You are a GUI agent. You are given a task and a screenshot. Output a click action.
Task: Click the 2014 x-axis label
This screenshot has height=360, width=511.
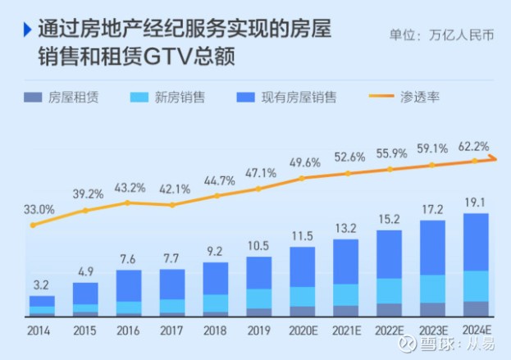tap(39, 330)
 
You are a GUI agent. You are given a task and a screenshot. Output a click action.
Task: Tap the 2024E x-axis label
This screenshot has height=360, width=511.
tap(477, 330)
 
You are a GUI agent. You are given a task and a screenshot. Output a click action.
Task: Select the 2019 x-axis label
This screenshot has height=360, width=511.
tap(258, 330)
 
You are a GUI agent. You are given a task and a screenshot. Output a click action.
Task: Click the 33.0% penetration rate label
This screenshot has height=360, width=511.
tap(39, 209)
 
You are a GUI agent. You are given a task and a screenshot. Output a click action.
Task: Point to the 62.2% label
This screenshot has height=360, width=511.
tap(473, 147)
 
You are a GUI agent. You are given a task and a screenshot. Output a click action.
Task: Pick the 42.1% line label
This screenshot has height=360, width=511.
tap(175, 189)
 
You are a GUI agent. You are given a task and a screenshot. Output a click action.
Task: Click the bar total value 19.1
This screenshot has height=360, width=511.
tap(475, 203)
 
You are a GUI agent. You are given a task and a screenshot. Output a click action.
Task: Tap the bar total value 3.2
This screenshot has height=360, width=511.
tap(41, 285)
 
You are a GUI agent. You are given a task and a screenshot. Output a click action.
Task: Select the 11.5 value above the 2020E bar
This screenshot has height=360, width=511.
tap(303, 236)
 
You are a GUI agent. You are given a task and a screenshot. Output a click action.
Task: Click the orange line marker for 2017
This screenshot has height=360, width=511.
tap(172, 205)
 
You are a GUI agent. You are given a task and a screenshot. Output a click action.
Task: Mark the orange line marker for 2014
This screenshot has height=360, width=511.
tap(33, 226)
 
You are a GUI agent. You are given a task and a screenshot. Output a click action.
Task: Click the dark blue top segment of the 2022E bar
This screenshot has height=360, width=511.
tap(389, 254)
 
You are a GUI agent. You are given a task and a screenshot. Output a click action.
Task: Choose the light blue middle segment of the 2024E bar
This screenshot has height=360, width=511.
tap(476, 286)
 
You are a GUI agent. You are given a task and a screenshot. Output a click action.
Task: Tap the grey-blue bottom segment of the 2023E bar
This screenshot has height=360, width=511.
tap(432, 309)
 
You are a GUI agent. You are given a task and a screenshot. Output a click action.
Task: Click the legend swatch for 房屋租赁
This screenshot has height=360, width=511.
tap(33, 97)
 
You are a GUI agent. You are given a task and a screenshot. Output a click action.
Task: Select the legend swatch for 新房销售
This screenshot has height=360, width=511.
tap(139, 97)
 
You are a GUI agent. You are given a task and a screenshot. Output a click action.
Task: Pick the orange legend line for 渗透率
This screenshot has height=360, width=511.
tap(381, 96)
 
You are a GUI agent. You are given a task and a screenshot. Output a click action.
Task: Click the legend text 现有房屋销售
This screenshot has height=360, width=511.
tap(299, 97)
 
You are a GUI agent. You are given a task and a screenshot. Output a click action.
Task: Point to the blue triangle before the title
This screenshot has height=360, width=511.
tap(27, 30)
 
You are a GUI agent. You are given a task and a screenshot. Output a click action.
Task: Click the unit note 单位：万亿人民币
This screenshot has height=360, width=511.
tap(442, 35)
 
